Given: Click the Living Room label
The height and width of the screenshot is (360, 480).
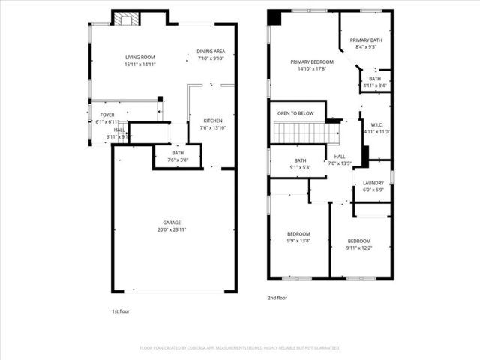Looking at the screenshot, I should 139,57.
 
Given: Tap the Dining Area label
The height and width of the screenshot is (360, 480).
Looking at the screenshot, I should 211,51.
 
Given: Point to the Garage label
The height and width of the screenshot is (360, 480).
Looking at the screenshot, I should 172,223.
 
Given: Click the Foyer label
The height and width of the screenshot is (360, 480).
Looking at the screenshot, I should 107,115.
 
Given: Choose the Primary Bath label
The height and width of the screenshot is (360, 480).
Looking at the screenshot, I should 365,40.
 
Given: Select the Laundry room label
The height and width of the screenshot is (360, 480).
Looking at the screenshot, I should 373,183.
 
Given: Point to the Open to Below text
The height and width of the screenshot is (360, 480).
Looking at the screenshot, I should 295,113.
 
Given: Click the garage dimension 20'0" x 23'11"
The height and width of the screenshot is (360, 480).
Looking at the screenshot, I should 172,230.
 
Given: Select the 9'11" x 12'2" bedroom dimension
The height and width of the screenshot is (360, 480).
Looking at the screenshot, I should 358,247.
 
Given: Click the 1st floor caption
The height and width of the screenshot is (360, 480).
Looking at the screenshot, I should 120,310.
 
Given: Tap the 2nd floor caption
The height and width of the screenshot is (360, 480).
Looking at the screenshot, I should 277,298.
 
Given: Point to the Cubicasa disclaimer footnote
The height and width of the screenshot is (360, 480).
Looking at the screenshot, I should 240,348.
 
